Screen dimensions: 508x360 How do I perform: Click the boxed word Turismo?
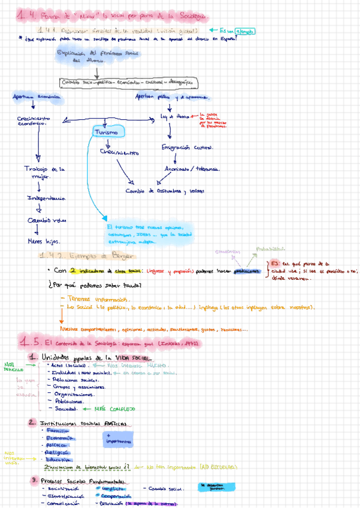(108, 131)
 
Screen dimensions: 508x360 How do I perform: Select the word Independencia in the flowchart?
(47, 198)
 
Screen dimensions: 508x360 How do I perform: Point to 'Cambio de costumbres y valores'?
(165, 191)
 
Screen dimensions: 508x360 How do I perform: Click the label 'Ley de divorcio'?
(175, 116)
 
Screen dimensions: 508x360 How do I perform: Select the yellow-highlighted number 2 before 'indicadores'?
(72, 270)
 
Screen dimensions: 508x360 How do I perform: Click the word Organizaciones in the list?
(73, 395)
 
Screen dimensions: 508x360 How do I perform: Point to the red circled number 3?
(35, 480)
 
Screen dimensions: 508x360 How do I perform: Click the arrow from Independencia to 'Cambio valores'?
(39, 209)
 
